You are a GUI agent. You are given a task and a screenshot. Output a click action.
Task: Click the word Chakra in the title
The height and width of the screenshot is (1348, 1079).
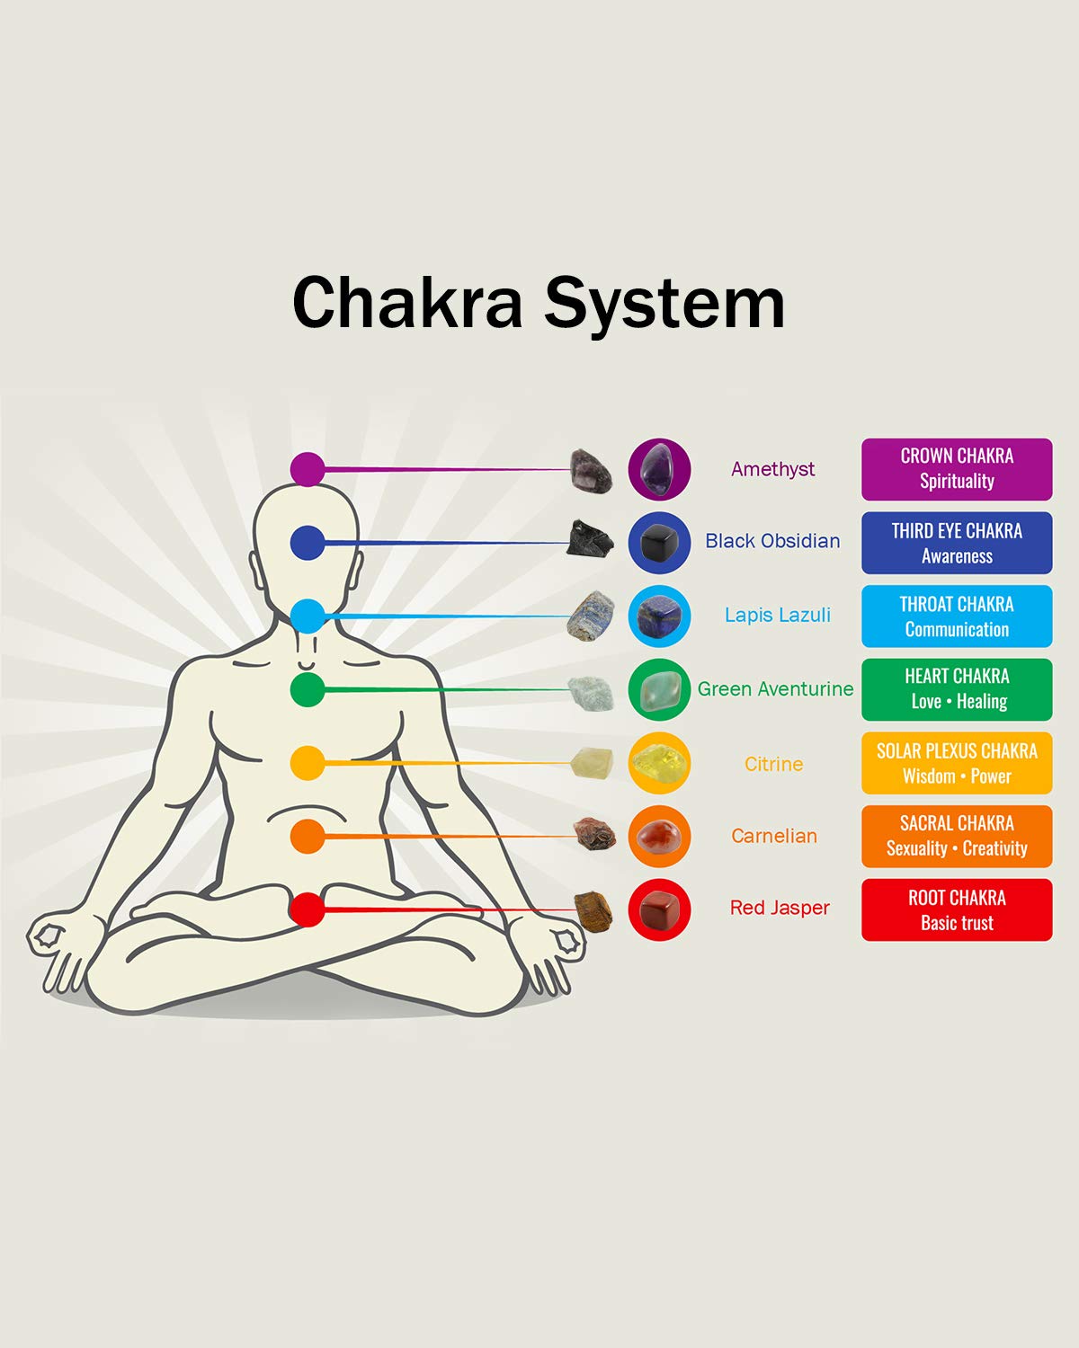tap(407, 303)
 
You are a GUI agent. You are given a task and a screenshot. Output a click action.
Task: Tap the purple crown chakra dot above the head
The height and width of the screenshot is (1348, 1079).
tap(308, 469)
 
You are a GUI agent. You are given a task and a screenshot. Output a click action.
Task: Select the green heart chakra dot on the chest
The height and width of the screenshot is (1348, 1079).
tap(308, 689)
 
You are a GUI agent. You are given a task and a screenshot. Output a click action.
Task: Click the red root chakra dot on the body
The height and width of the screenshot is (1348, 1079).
tap(308, 909)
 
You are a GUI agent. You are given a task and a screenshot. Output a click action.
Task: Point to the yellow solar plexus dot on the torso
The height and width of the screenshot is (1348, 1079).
tap(308, 763)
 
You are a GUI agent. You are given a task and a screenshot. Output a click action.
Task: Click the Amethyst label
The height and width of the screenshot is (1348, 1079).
tap(773, 470)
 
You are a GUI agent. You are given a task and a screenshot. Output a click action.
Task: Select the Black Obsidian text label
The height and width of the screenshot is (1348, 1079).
tap(772, 541)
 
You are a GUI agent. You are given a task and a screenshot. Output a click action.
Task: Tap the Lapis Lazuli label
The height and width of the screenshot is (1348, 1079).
tap(778, 615)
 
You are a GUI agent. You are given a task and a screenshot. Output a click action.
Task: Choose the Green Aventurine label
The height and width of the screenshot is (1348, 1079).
tap(776, 689)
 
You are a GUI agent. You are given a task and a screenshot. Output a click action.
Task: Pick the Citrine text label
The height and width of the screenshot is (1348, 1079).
tap(773, 764)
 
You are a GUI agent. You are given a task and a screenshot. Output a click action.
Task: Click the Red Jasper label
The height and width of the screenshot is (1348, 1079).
tap(780, 909)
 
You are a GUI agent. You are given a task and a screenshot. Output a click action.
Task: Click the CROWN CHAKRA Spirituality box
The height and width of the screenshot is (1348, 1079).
tap(957, 469)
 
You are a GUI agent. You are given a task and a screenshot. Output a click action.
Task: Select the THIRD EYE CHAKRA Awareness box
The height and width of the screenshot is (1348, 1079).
tap(957, 543)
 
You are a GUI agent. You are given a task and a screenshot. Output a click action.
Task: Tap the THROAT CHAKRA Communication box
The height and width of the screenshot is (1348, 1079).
tap(957, 616)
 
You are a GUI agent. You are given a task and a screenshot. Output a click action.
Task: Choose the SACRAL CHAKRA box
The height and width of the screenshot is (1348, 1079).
tap(957, 837)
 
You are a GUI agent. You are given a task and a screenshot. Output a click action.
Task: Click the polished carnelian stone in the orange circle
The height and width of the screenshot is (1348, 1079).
tap(658, 837)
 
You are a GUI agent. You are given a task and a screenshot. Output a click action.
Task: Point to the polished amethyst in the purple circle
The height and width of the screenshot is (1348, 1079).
tap(659, 469)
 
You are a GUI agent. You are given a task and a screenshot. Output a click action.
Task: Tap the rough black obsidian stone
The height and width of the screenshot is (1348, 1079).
tap(589, 539)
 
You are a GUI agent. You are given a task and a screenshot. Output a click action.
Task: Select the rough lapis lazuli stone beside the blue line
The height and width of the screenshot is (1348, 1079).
tap(591, 616)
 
